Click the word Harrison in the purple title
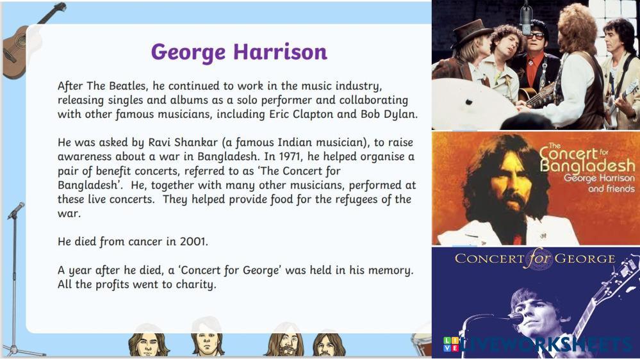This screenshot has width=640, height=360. (280, 52)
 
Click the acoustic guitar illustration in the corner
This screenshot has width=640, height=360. (29, 41)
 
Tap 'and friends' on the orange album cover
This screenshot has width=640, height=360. (611, 189)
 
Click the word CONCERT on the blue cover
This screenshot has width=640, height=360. (489, 258)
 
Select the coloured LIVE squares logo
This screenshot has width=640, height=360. (451, 344)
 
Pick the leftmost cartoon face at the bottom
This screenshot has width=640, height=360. (147, 344)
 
